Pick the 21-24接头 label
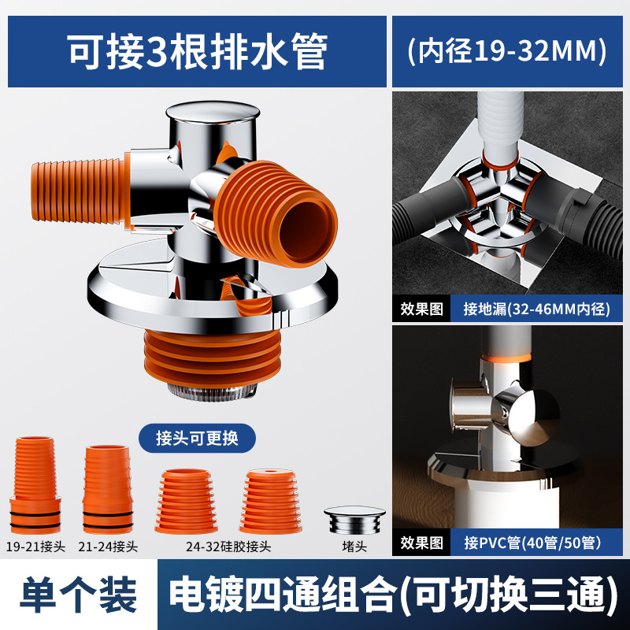coord(109,546)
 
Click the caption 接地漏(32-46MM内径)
coord(537,309)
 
